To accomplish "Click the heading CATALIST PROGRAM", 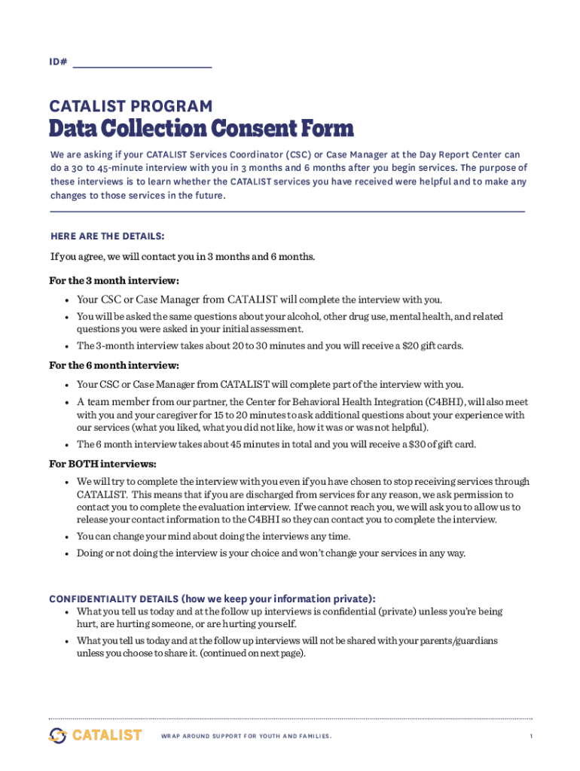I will point(130,107).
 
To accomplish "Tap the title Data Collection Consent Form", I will point(201,129).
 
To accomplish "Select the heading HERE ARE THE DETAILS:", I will point(107,236).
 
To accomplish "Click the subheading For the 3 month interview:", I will point(114,281).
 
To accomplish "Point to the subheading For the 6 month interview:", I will point(114,366).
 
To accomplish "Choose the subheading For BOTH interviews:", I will point(102,463).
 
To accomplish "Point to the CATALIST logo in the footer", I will point(96,735).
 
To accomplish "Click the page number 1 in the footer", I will point(530,736).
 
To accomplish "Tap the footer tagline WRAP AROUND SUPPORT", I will point(246,736).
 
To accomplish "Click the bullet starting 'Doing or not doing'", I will point(271,553).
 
